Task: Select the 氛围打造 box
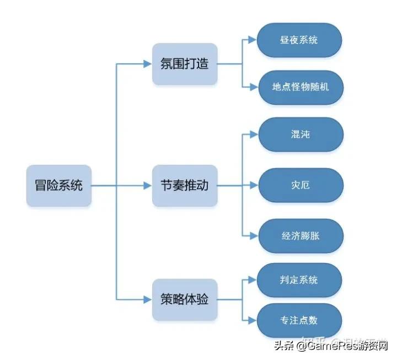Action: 184,64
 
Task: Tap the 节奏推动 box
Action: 184,186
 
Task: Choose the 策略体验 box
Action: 184,300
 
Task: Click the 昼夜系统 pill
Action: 299,40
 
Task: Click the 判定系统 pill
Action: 299,280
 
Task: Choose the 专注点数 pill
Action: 299,320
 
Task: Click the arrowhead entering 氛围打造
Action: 148,64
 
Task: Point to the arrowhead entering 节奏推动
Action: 148,186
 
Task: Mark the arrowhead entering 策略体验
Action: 148,300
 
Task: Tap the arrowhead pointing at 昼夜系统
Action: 253,40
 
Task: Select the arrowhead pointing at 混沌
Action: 253,135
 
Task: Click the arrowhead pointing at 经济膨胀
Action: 253,235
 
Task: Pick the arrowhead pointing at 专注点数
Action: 253,320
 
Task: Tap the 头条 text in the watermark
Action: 286,346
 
